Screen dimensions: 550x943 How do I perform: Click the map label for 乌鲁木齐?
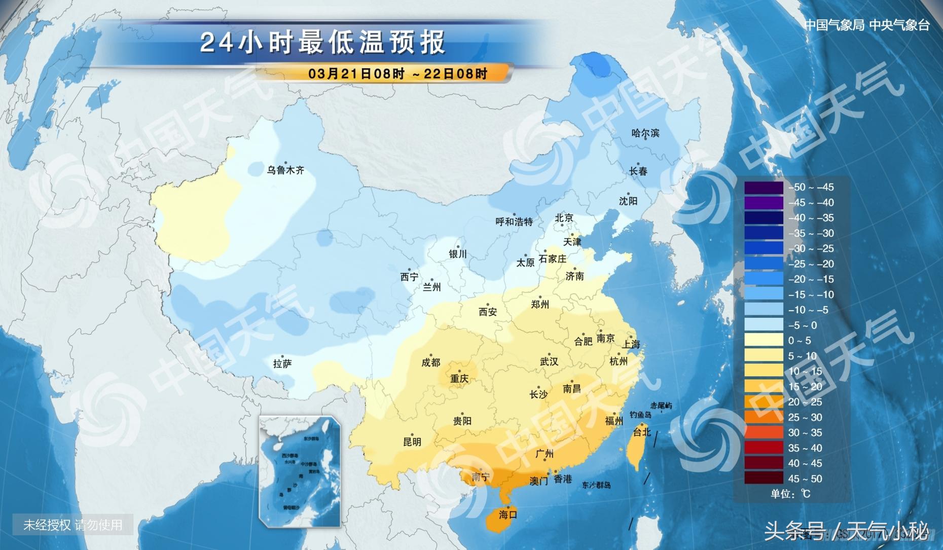[285, 170]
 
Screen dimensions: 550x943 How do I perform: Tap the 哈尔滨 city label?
[645, 133]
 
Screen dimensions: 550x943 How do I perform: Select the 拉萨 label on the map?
[282, 363]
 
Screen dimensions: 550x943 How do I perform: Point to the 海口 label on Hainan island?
[507, 515]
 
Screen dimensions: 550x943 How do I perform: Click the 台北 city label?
[642, 432]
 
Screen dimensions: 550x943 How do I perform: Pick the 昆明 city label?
[412, 442]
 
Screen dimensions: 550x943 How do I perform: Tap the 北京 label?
[564, 218]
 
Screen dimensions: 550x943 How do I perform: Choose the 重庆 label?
[459, 379]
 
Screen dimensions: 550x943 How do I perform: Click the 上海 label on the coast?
[631, 344]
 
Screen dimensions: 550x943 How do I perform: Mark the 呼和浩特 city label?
[514, 222]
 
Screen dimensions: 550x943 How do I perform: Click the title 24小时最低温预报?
[323, 42]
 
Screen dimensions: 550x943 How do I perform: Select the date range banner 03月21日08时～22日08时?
[397, 74]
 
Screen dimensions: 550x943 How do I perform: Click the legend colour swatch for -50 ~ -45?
[764, 188]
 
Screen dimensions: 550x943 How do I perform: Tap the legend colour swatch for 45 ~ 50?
[764, 479]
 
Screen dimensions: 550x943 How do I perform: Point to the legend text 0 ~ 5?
[800, 341]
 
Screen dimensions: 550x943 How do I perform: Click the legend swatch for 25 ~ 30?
[764, 417]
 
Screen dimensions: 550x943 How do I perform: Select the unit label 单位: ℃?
[790, 494]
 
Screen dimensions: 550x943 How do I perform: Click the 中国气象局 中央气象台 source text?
[867, 25]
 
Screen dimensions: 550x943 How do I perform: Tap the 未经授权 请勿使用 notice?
[73, 525]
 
